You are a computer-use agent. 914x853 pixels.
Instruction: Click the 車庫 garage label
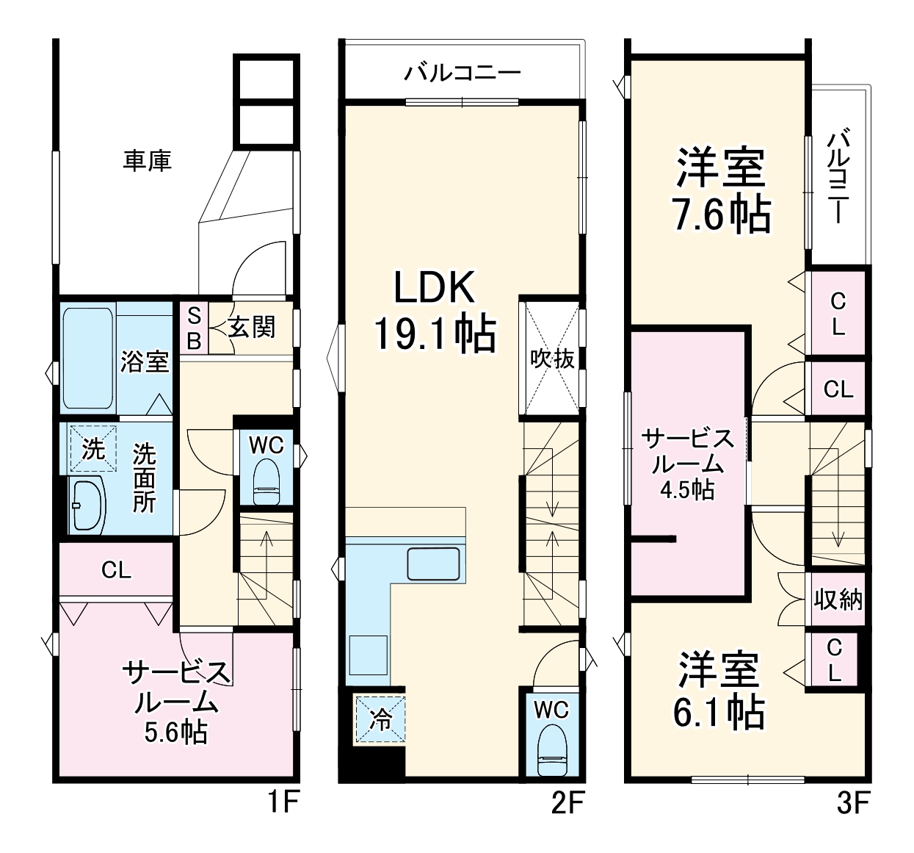pyautogui.click(x=147, y=160)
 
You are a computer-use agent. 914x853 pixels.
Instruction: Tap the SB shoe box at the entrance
pyautogui.click(x=195, y=328)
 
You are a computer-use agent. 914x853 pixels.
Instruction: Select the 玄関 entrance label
pyautogui.click(x=251, y=328)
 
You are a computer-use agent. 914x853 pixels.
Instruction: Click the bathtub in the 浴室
pyautogui.click(x=88, y=358)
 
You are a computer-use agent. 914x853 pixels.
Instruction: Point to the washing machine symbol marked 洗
pyautogui.click(x=93, y=448)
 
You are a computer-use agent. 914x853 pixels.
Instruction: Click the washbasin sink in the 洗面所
pyautogui.click(x=87, y=505)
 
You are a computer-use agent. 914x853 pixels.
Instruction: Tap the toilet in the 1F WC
pyautogui.click(x=266, y=483)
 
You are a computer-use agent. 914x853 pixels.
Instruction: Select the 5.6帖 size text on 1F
pyautogui.click(x=175, y=732)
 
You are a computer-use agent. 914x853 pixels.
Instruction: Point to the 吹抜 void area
pyautogui.click(x=552, y=359)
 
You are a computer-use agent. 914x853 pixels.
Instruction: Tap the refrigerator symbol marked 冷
pyautogui.click(x=380, y=718)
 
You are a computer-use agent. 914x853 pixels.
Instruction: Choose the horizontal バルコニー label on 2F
pyautogui.click(x=463, y=73)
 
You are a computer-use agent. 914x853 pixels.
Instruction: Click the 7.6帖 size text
pyautogui.click(x=722, y=215)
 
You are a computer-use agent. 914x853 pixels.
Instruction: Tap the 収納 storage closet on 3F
pyautogui.click(x=838, y=600)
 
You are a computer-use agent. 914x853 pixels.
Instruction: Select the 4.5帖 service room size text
pyautogui.click(x=687, y=489)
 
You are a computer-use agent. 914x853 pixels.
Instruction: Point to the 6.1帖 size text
pyautogui.click(x=719, y=711)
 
